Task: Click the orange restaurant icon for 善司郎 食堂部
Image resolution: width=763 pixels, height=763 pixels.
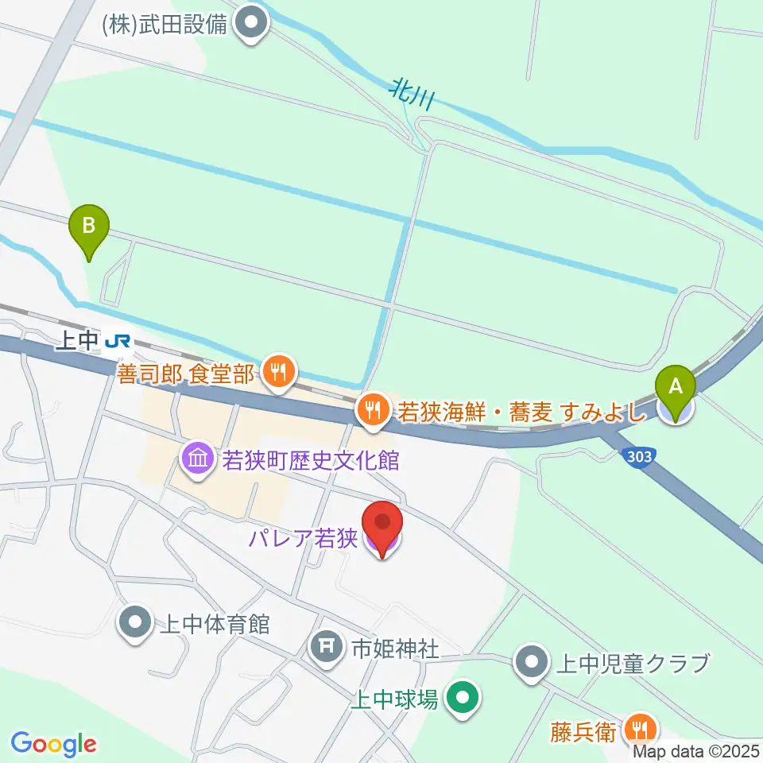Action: click(277, 370)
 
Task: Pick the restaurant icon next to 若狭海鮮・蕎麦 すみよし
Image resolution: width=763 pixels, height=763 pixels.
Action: click(371, 411)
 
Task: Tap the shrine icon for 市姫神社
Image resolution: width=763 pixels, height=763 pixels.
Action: click(327, 646)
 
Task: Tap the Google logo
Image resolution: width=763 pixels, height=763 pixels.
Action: click(53, 743)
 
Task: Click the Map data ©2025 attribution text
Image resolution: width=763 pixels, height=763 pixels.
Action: click(697, 751)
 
